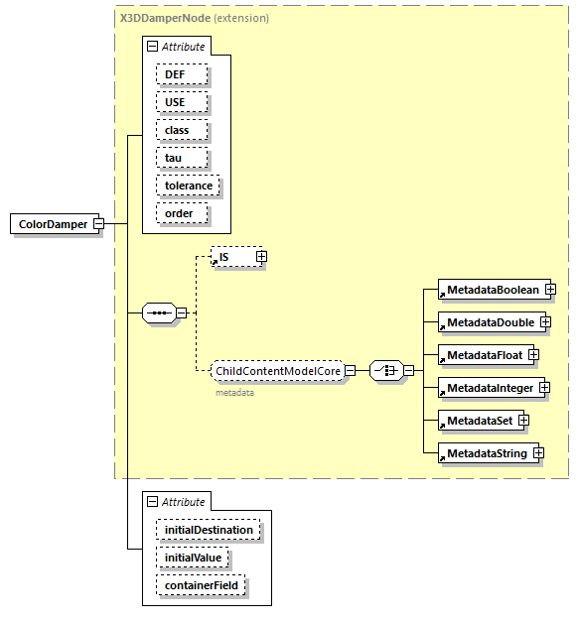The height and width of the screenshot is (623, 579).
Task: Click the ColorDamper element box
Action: click(52, 224)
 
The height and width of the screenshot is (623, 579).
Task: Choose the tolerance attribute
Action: click(188, 186)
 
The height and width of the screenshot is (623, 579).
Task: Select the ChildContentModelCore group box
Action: click(277, 371)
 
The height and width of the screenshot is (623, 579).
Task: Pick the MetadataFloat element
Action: click(483, 354)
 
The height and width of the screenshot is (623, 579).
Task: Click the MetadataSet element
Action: click(478, 421)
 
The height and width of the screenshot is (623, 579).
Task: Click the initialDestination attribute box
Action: click(208, 530)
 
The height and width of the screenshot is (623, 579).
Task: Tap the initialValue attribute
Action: click(192, 558)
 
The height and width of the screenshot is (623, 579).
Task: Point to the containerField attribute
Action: click(200, 585)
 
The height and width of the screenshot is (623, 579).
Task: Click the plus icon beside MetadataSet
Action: click(522, 421)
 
